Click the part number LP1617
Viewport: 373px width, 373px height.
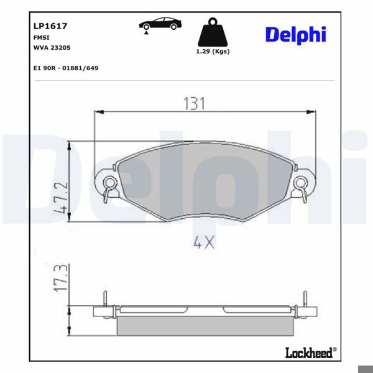50,27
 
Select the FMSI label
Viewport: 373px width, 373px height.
41,38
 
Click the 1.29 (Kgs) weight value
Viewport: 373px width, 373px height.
212,52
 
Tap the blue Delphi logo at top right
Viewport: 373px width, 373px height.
295,34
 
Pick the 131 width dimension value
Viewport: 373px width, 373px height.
195,103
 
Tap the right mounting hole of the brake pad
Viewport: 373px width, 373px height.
300,183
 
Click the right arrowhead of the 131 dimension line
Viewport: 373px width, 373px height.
310,112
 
